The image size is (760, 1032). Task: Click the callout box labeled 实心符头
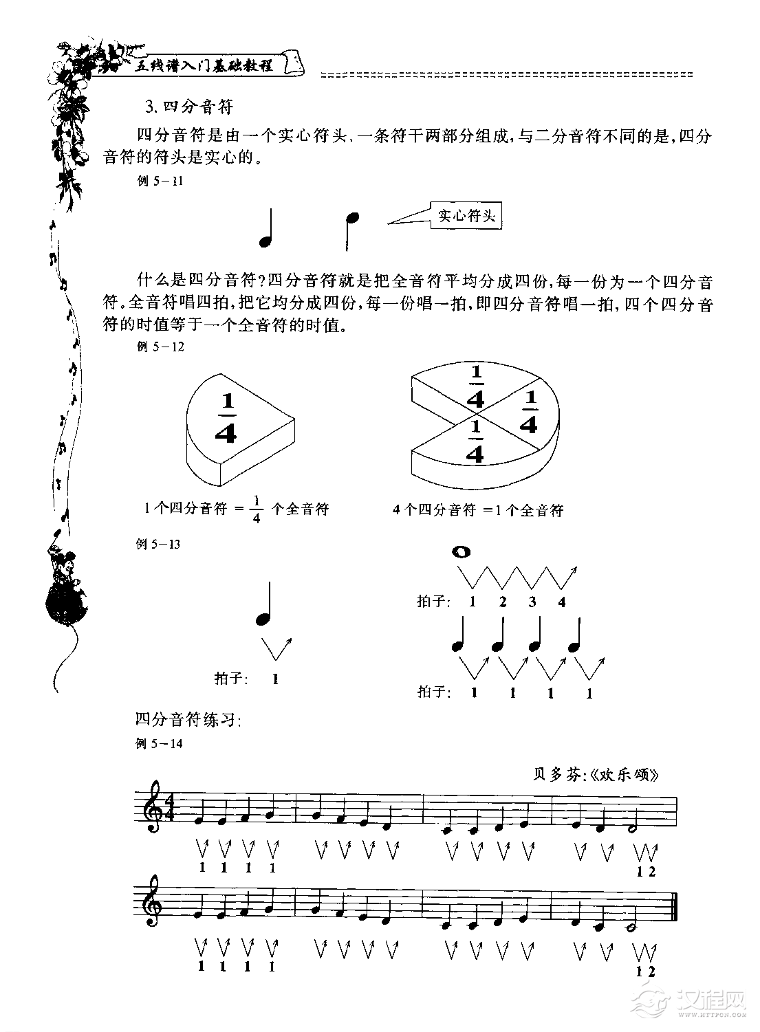[x=466, y=216]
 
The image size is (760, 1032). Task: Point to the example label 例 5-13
[x=159, y=545]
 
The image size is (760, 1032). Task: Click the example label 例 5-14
[x=160, y=743]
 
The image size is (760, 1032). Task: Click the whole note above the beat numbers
[x=461, y=551]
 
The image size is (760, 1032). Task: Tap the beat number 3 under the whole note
[x=532, y=602]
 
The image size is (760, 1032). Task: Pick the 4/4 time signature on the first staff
[x=169, y=809]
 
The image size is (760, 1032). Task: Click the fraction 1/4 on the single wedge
[x=226, y=419]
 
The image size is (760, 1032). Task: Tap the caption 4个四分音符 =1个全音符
[x=478, y=510]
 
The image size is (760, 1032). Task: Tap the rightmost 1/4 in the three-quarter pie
[x=528, y=413]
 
